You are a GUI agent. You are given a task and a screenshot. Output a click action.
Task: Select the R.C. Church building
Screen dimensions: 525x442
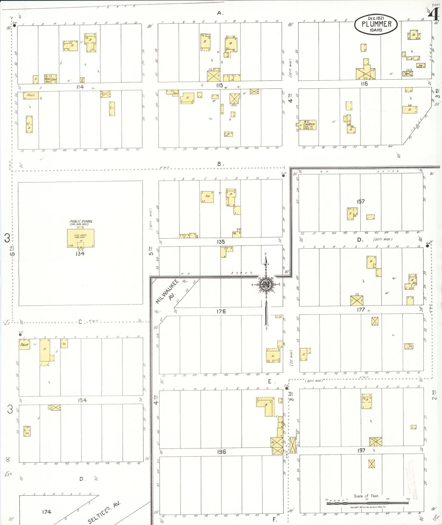307,125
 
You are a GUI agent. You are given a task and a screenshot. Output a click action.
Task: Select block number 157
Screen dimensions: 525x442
361,201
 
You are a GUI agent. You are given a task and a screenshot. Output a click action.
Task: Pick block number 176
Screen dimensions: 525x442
221,311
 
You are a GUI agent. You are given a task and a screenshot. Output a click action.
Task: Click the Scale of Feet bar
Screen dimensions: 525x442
367,503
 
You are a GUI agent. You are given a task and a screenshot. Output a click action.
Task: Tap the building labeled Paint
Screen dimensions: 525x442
24,344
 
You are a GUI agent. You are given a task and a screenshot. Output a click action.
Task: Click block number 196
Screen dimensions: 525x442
221,451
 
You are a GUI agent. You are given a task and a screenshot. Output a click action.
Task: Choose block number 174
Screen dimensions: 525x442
47,512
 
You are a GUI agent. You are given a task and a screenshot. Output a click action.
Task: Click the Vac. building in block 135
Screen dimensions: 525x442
207,197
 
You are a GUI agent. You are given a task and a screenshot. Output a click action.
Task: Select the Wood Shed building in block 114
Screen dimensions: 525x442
48,79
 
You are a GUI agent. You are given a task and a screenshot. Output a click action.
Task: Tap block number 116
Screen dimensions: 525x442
364,84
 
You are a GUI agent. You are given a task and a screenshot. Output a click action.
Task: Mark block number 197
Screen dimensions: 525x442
361,450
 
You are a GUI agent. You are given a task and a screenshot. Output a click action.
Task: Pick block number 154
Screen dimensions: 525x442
82,400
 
